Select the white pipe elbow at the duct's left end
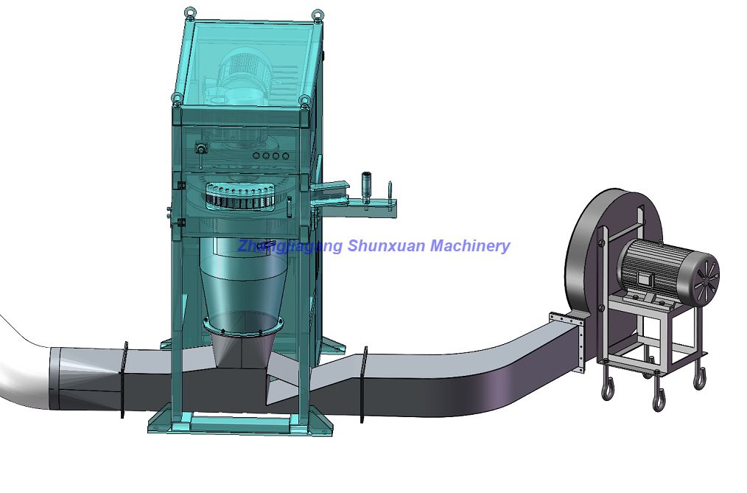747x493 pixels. click(22, 368)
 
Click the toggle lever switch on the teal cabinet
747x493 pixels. click(200, 152)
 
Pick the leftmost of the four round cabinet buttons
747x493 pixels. click(256, 155)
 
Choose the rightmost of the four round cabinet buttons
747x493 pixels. click(285, 155)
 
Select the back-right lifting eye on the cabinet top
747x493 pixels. click(318, 14)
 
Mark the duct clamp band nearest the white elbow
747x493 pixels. click(124, 380)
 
